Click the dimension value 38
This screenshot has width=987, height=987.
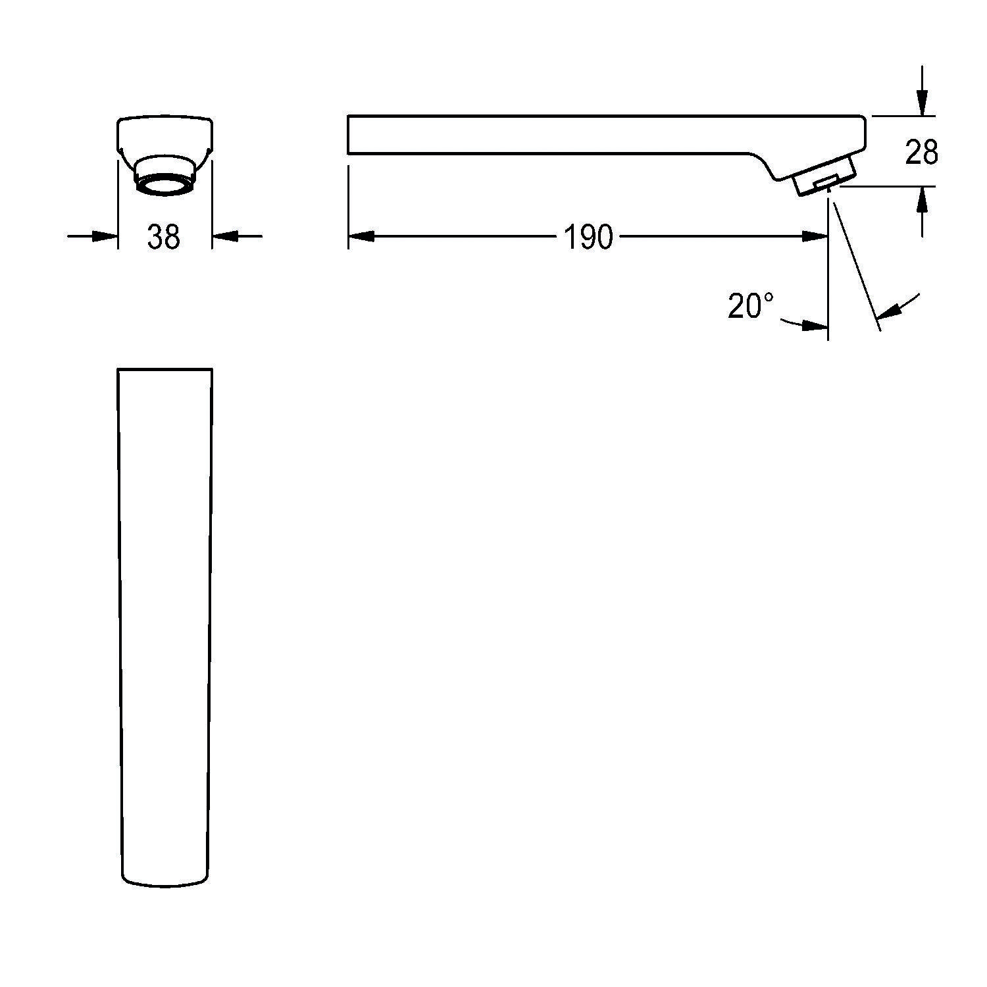pyautogui.click(x=164, y=237)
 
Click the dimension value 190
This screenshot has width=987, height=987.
pyautogui.click(x=588, y=237)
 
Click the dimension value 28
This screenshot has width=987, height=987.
pyautogui.click(x=921, y=153)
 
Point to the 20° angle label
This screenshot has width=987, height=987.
pyautogui.click(x=750, y=306)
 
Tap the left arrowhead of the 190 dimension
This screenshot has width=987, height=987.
pyautogui.click(x=361, y=236)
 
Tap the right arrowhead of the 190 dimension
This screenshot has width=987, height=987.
pyautogui.click(x=815, y=236)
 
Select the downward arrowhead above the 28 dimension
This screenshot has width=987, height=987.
pyautogui.click(x=923, y=103)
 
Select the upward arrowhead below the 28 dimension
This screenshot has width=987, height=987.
pyautogui.click(x=923, y=199)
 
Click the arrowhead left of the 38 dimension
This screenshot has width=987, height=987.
pyautogui.click(x=105, y=236)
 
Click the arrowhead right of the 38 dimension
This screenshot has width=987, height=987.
pyautogui.click(x=224, y=236)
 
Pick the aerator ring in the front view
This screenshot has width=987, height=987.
pyautogui.click(x=164, y=184)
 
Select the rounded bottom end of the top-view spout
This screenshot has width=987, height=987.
pyautogui.click(x=166, y=884)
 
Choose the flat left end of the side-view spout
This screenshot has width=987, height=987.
pyautogui.click(x=348, y=135)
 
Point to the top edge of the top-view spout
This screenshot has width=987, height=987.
pyautogui.click(x=164, y=369)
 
